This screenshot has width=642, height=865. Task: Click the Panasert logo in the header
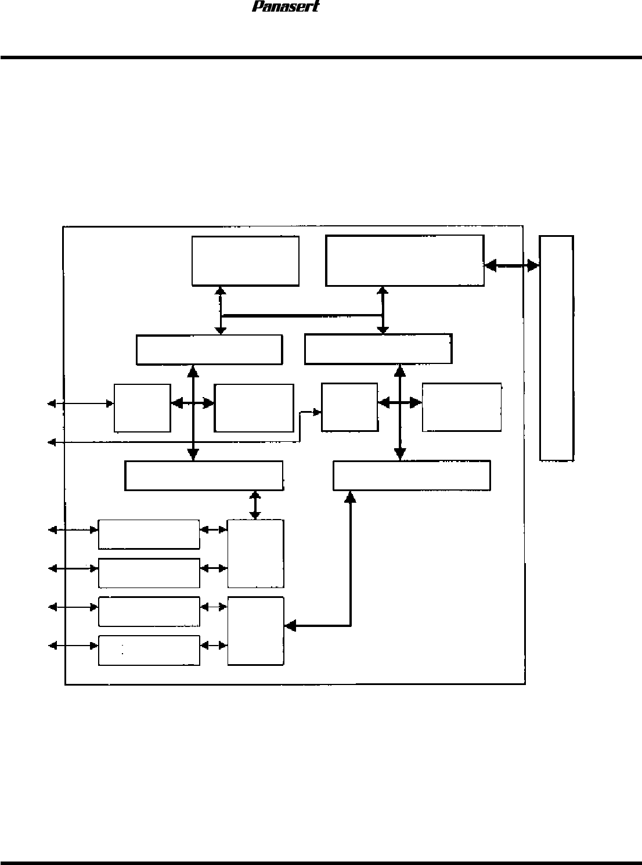(286, 7)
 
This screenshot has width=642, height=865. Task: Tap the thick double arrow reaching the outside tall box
(511, 265)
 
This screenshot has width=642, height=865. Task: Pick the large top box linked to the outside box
(405, 260)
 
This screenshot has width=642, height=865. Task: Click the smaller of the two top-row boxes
(245, 260)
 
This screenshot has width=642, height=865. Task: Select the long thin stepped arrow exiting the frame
(174, 443)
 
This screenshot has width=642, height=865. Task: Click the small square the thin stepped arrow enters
(349, 406)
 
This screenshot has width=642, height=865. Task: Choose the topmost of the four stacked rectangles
(149, 534)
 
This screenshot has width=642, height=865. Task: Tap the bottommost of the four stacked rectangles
(149, 650)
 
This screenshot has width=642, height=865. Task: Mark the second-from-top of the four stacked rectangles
(149, 573)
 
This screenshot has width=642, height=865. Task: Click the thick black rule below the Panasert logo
(321, 57)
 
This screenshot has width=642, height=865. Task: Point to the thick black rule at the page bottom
(321, 863)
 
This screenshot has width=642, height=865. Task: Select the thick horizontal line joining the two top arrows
(301, 316)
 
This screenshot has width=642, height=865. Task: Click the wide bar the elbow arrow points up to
(412, 475)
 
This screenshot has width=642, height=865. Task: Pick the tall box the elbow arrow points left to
(255, 630)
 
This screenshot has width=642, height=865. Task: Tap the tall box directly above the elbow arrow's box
(255, 553)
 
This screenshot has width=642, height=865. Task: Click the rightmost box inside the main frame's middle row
(461, 406)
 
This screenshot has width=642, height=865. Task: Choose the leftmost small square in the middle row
(142, 408)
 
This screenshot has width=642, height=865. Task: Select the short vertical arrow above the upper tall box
(254, 505)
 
